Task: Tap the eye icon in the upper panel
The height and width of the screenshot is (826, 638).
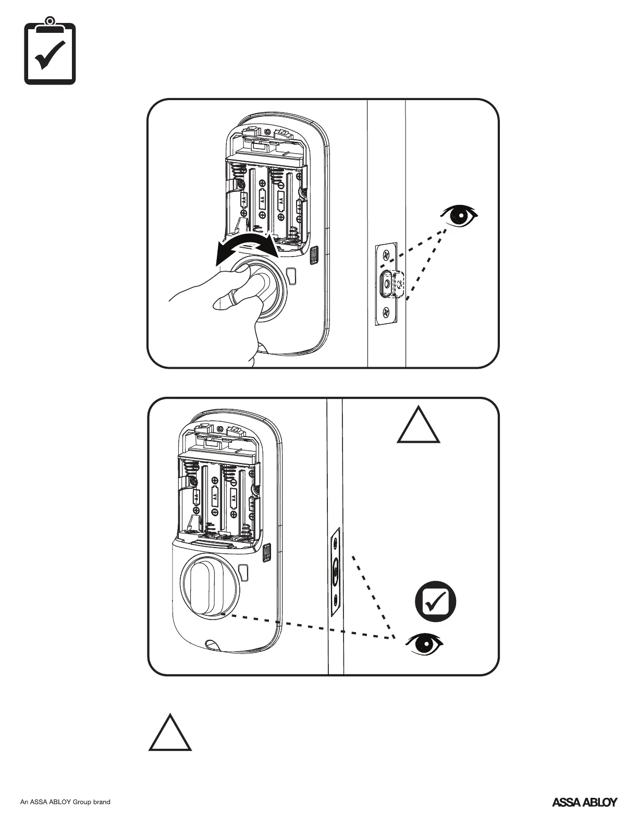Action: click(x=459, y=215)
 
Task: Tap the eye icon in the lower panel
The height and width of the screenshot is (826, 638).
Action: click(x=425, y=644)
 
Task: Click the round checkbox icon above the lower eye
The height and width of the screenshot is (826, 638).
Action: click(x=435, y=601)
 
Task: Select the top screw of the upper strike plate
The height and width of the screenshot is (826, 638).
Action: click(x=386, y=255)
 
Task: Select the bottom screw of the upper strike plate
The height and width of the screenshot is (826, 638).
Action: click(x=386, y=312)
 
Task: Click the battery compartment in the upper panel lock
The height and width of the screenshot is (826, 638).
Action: click(x=266, y=203)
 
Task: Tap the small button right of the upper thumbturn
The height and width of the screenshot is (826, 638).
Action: click(x=291, y=274)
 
